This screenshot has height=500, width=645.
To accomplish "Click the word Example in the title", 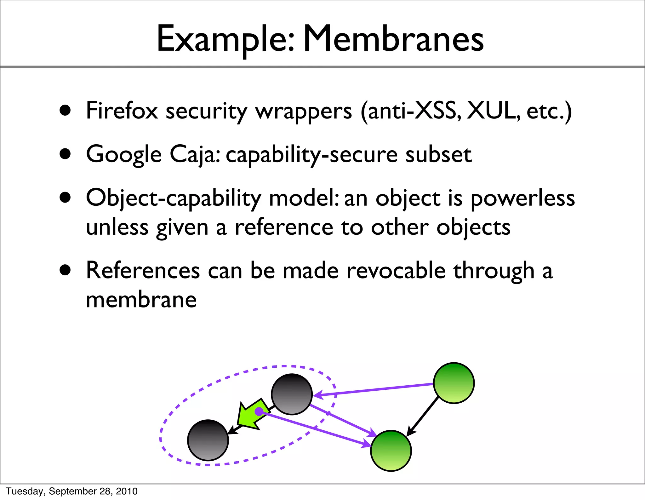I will pyautogui.click(x=225, y=39).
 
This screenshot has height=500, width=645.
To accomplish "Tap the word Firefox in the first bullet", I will pyautogui.click(x=122, y=111).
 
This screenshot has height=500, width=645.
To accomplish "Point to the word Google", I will pyautogui.click(x=124, y=155).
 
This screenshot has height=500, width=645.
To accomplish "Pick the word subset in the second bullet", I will pyautogui.click(x=438, y=155).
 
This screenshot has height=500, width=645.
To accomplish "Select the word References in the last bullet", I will pyautogui.click(x=143, y=271).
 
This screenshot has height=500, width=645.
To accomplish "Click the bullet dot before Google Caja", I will pyautogui.click(x=65, y=154).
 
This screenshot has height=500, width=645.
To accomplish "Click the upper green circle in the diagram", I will pyautogui.click(x=454, y=383).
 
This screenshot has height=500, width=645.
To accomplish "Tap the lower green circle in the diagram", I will pyautogui.click(x=391, y=451).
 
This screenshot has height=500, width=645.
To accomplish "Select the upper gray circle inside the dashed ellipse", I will pyautogui.click(x=292, y=394).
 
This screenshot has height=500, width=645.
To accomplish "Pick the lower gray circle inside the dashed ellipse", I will pyautogui.click(x=208, y=440).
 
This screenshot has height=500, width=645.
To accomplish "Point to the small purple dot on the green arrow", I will pyautogui.click(x=259, y=411).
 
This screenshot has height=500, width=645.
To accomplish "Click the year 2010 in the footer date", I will pyautogui.click(x=127, y=491).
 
